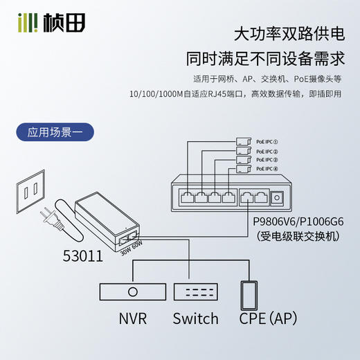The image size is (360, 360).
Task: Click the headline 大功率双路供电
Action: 290,33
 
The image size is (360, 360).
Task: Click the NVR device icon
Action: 132,291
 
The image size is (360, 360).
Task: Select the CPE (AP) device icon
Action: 249,294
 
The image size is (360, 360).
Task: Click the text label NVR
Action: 132,318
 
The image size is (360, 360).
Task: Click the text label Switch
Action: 195,318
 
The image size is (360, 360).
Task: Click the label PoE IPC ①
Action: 267,140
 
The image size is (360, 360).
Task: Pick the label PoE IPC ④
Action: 267,168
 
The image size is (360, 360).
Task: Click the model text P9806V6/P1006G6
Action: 298,222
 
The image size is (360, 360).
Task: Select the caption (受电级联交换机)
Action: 298,237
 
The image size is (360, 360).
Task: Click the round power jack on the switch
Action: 278,198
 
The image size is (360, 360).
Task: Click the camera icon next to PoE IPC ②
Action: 243,150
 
